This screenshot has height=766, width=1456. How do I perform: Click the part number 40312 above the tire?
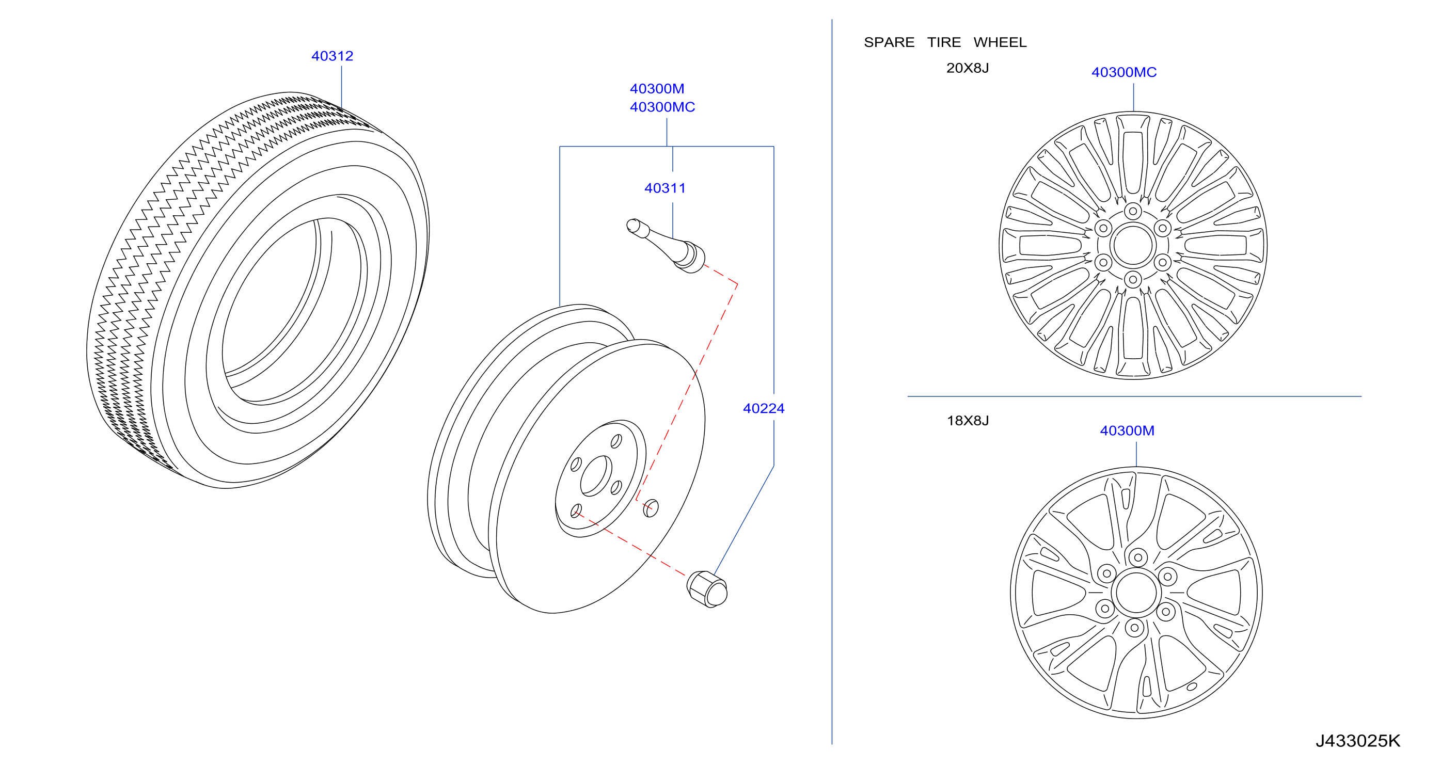(333, 56)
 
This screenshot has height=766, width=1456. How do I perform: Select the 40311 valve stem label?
(664, 188)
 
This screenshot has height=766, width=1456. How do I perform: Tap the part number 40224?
(764, 408)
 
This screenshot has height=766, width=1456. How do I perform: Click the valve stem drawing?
(666, 245)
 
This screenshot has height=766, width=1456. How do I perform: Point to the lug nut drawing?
(707, 589)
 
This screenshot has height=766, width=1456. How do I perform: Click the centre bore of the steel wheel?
(596, 475)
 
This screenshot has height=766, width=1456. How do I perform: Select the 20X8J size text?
(968, 68)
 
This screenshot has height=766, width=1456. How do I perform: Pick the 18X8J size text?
(968, 421)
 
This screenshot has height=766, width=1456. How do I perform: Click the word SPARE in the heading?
(889, 42)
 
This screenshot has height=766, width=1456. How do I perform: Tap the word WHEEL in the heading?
(1000, 42)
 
